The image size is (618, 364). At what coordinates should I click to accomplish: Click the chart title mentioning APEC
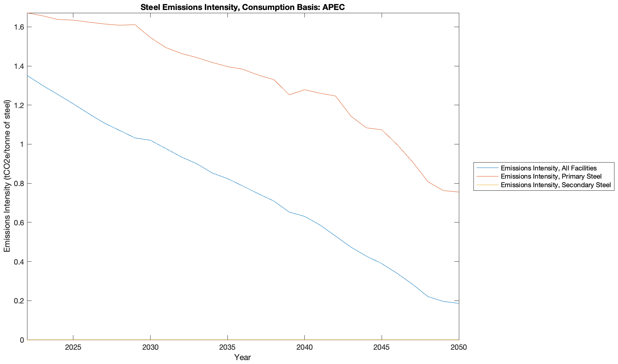pos(242,7)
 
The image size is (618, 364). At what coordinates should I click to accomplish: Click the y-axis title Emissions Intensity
pos(7,176)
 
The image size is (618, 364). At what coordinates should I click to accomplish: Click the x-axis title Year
pos(242,357)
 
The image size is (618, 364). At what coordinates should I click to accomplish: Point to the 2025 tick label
pos(73,348)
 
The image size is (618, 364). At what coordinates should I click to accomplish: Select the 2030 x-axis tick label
pos(150,348)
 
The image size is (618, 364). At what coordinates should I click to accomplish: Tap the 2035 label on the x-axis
pos(227,348)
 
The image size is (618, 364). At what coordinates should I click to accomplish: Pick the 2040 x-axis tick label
pos(304,348)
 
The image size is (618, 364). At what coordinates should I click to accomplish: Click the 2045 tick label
pos(382,348)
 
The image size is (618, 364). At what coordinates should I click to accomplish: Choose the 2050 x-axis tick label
pos(459,348)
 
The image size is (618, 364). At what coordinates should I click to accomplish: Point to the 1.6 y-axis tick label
pos(19,27)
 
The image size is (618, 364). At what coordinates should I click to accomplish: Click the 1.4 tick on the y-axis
pos(19,66)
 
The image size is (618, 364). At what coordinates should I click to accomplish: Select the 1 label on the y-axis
pos(22,144)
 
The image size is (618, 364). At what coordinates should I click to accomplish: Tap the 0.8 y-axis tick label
pos(19,184)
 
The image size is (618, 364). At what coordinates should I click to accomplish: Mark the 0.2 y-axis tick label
pos(19,301)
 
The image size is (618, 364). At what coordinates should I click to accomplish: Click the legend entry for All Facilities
pos(548,168)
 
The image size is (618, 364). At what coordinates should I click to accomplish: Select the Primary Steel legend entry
pos(551,176)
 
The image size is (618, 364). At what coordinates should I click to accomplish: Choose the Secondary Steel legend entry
pos(555,185)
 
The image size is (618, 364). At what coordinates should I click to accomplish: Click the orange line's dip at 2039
pos(289,95)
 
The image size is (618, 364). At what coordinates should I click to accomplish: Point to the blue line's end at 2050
pos(458,303)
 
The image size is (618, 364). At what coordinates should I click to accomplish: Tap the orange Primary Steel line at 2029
pos(135,25)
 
